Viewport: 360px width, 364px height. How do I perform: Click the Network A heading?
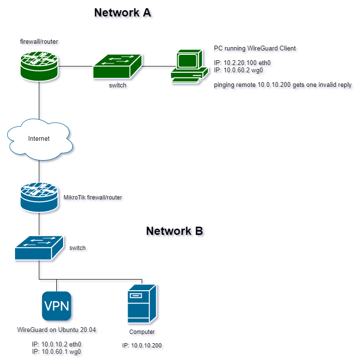[124, 13]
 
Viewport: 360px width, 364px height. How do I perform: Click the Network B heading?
[176, 232]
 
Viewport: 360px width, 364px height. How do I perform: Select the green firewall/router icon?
[39, 66]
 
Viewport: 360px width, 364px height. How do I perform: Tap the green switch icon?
[117, 66]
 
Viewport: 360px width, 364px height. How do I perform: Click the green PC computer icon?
[186, 67]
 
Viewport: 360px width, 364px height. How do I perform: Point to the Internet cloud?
[39, 139]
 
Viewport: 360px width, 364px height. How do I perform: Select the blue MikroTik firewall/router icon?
[39, 198]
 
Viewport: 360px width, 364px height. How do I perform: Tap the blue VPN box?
[57, 307]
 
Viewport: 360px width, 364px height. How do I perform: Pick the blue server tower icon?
[142, 304]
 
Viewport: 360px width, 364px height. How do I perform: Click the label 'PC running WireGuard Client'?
[256, 49]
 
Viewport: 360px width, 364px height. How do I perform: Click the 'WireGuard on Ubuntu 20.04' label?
[57, 331]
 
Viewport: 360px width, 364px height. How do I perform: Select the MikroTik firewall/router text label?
[94, 198]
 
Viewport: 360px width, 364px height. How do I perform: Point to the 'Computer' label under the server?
[142, 333]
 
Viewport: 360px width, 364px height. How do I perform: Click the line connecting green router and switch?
[76, 67]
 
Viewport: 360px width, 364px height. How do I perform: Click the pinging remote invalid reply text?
[283, 85]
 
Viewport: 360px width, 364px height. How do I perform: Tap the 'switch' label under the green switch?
[118, 86]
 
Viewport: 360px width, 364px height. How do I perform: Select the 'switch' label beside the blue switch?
[79, 248]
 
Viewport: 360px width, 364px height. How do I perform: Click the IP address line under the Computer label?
[143, 347]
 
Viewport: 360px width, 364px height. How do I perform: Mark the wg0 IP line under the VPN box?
[57, 353]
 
